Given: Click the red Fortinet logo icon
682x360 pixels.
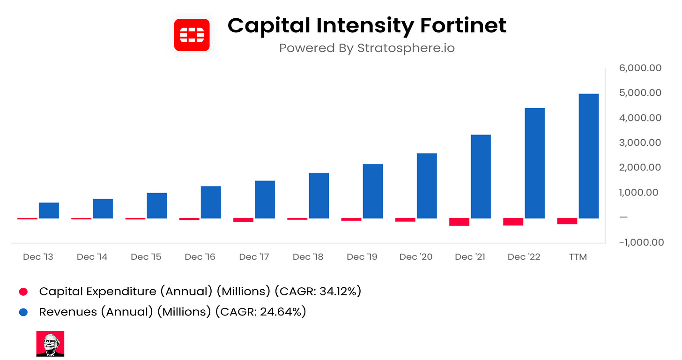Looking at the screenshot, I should tap(192, 35).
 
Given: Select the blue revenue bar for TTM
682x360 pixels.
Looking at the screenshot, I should tap(589, 156).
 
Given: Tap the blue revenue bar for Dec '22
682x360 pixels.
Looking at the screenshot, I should tap(534, 163).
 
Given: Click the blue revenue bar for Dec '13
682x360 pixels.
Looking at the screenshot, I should tap(49, 210).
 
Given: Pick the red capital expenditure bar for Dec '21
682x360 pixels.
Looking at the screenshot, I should tap(459, 222).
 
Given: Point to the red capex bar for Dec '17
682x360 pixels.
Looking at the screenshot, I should tap(243, 220).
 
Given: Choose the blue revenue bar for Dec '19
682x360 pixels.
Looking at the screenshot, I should tap(372, 191).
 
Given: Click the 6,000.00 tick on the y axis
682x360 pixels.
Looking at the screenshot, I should tap(640, 68).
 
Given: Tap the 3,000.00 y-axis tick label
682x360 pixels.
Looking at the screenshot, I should tap(640, 143).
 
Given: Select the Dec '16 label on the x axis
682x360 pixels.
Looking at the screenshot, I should tap(200, 257).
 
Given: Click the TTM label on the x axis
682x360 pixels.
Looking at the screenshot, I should tap(578, 257).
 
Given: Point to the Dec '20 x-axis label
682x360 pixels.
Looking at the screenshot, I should tap(416, 257).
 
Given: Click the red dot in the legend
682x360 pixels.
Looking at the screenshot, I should tap(23, 292).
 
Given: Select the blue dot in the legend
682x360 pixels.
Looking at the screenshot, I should tap(23, 312).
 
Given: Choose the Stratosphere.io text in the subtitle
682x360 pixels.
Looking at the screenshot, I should tap(406, 48).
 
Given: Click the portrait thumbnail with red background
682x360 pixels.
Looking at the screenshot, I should tap(50, 344).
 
